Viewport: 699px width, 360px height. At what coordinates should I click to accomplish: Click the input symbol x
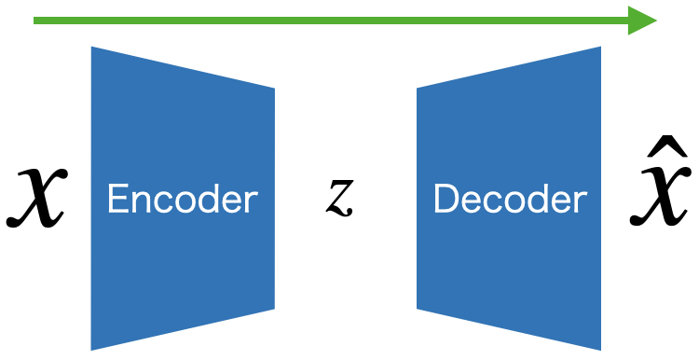click(36, 199)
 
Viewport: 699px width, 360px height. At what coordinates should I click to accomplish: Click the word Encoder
click(182, 200)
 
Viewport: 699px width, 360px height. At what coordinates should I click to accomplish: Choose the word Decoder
click(511, 200)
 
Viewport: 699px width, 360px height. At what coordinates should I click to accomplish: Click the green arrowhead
click(643, 21)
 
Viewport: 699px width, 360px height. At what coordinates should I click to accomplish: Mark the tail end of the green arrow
click(35, 21)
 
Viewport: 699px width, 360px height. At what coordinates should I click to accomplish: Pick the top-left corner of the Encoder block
click(92, 48)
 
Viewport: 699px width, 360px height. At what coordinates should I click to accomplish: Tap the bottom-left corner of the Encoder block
click(92, 348)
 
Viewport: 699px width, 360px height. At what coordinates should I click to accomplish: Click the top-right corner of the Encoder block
click(273, 90)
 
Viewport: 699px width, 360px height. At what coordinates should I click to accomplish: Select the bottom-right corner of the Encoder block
click(273, 308)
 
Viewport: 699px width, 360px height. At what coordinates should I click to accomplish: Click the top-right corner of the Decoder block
click(599, 48)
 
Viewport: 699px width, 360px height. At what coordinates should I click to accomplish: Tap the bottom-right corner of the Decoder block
click(599, 348)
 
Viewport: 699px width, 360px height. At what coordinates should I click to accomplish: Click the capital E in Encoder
click(116, 200)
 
